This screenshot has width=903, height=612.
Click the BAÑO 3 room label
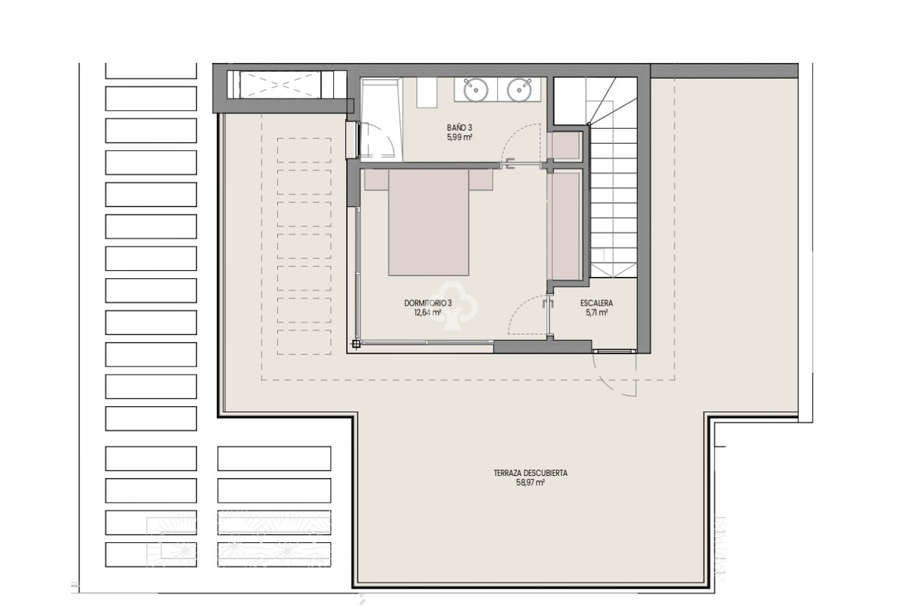point(460,128)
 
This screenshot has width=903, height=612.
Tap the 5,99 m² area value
point(460,137)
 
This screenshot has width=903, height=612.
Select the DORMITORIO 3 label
point(428,303)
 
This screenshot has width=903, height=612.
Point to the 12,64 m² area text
point(428,312)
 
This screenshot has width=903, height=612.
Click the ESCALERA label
point(597,303)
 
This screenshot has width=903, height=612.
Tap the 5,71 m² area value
point(597,312)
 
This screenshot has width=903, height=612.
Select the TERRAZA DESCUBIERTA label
point(530,473)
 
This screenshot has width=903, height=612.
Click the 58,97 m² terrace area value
point(530,482)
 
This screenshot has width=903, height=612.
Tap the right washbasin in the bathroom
point(519,89)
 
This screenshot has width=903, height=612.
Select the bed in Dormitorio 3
point(429,222)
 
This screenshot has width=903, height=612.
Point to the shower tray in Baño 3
point(380,120)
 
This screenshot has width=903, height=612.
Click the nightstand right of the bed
point(481,179)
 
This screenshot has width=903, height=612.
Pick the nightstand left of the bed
point(376,179)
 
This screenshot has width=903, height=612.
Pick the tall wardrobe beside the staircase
point(565,225)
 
